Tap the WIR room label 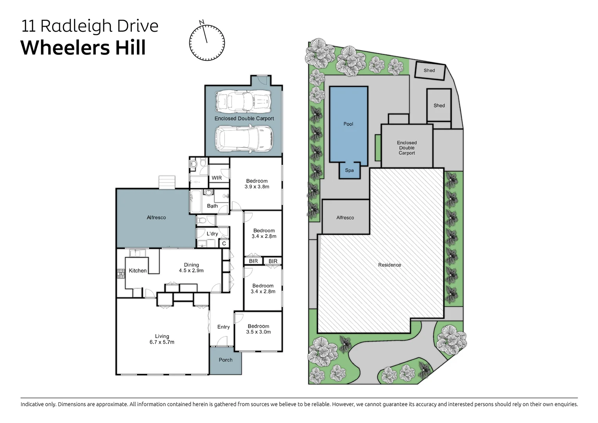click(x=217, y=178)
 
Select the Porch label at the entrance click(x=226, y=360)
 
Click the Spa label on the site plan click(x=349, y=170)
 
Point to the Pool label click(x=348, y=124)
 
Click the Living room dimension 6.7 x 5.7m click(x=162, y=342)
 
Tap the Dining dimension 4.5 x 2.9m click(x=191, y=271)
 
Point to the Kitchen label click(x=138, y=271)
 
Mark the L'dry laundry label click(x=212, y=234)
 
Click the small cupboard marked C click(x=224, y=244)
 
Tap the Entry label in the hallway click(x=223, y=327)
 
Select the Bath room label click(x=212, y=206)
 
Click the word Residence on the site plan click(x=390, y=265)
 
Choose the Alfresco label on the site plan click(x=345, y=218)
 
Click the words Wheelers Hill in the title click(x=83, y=48)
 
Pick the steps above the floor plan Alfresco click(x=167, y=182)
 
